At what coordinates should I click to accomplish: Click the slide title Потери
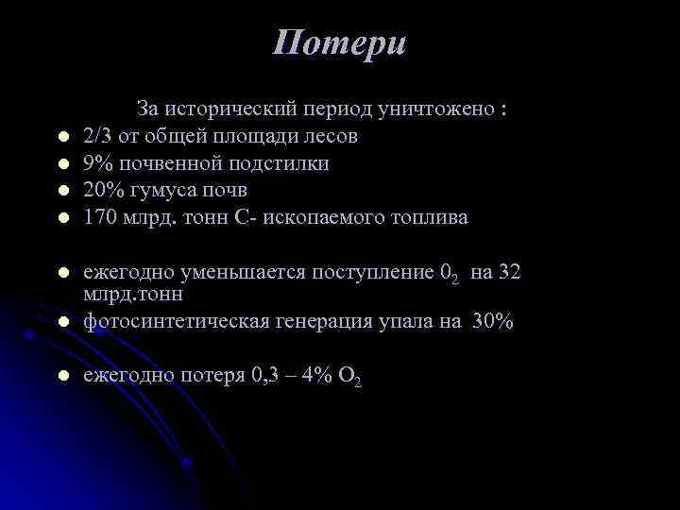[x=340, y=43]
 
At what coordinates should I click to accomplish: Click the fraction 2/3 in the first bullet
[x=97, y=136]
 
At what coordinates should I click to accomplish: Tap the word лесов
[x=330, y=136]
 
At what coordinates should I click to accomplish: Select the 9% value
[x=96, y=163]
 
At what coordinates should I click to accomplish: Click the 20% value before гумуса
[x=103, y=191]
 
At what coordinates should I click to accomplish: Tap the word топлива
[x=423, y=218]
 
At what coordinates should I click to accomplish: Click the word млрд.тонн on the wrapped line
[x=132, y=295]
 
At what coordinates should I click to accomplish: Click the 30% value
[x=493, y=322]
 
